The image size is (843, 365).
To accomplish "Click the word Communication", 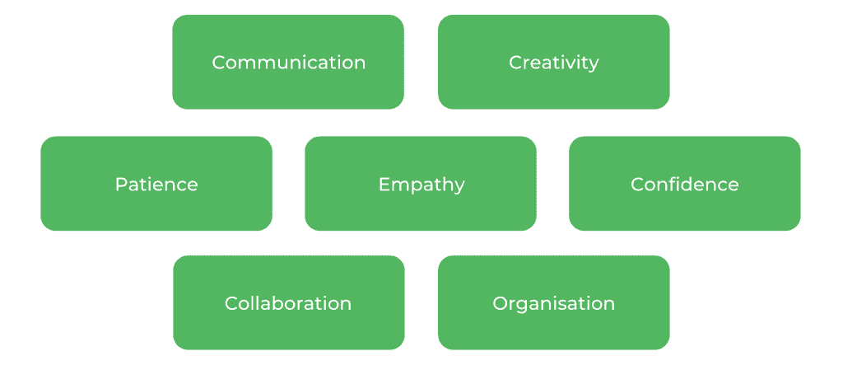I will [288, 63].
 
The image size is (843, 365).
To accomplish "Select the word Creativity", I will [553, 63].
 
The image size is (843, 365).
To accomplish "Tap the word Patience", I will [156, 184].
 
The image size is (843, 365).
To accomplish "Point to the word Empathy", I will [421, 185].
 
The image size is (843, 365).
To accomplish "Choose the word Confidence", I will [684, 184].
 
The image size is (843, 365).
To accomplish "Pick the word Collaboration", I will [288, 303].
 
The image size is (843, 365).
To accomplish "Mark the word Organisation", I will [553, 304].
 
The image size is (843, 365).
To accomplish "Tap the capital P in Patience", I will [120, 184].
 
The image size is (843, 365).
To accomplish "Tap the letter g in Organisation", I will [523, 306].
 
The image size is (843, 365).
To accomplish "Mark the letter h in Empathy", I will [445, 183].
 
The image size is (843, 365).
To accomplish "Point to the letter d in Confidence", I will [687, 183].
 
